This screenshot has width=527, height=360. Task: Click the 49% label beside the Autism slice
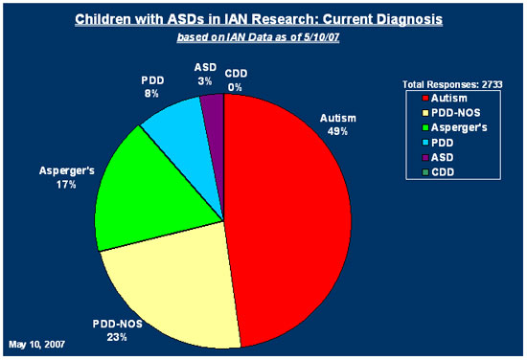337,131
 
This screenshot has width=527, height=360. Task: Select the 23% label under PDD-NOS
117,337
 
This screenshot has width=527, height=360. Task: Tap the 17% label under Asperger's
66,185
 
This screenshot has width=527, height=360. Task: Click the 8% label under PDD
151,94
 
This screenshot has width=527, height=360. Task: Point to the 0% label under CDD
235,87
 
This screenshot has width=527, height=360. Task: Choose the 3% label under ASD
204,81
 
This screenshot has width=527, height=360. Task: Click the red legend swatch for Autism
425,99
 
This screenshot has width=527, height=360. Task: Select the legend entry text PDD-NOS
455,113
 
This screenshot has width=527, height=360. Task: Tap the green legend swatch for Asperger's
425,128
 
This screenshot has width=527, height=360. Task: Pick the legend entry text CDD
443,172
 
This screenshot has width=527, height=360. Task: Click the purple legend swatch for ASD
425,157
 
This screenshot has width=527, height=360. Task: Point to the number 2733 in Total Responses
493,84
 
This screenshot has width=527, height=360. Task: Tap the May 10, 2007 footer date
37,345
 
